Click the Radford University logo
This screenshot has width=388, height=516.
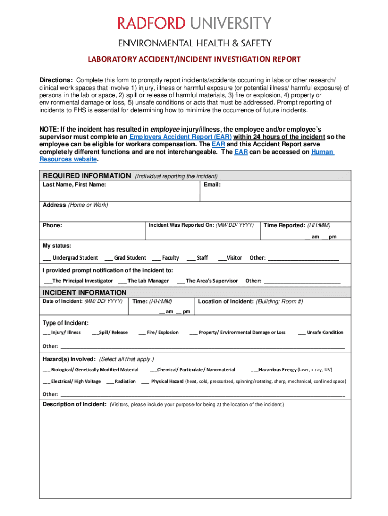194,24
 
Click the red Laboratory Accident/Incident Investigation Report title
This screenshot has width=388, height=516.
194,59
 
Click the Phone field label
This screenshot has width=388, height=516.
52,225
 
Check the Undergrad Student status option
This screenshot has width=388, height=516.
47,258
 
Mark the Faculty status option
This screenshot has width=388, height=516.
156,258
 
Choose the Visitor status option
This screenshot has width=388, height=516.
222,258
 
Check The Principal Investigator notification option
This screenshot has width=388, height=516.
49,281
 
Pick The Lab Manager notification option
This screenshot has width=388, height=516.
123,281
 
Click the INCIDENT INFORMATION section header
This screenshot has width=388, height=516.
85,293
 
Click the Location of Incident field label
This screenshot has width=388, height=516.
226,301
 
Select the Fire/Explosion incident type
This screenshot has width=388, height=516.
142,333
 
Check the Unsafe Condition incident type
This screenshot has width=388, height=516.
302,333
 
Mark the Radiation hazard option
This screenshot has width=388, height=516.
110,382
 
